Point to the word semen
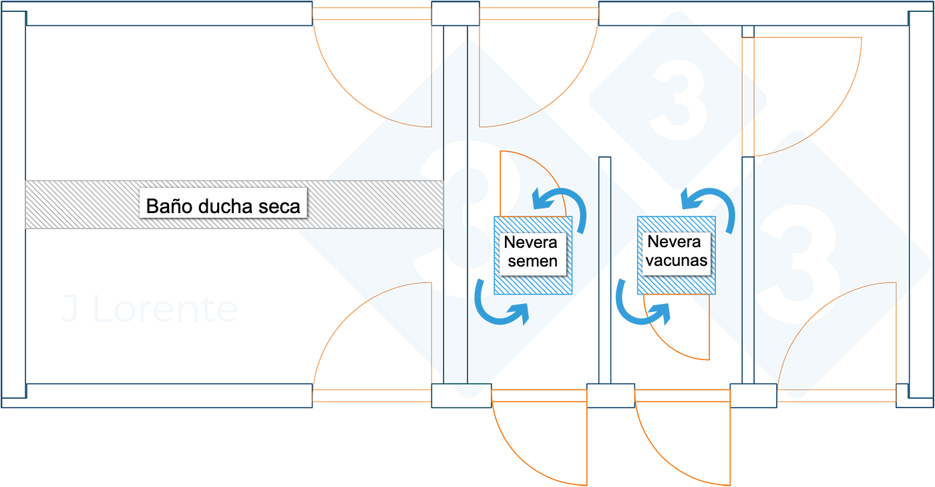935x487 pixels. pos(532,261)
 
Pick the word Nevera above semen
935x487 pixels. pos(531,242)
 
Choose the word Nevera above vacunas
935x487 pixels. pos(675,242)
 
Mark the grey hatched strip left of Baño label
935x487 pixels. pos(80,204)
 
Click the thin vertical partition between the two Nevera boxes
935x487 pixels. pos(604,267)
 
